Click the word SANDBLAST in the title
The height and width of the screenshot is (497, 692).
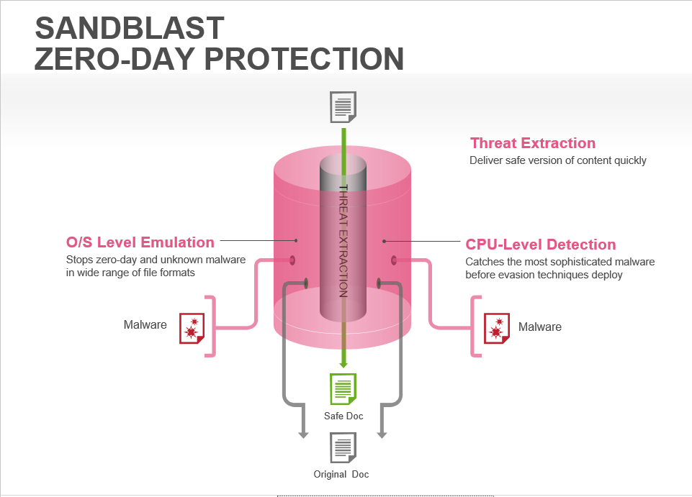pyautogui.click(x=130, y=28)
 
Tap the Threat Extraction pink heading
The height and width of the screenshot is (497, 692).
pyautogui.click(x=533, y=143)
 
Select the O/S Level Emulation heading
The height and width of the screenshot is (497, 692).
pyautogui.click(x=140, y=242)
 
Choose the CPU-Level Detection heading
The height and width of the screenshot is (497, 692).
pyautogui.click(x=541, y=245)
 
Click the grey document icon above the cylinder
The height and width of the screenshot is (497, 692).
pyautogui.click(x=343, y=107)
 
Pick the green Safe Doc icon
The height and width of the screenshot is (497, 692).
pyautogui.click(x=343, y=389)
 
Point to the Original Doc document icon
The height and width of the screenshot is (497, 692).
pyautogui.click(x=343, y=448)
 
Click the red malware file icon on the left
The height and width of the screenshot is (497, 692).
pyautogui.click(x=192, y=328)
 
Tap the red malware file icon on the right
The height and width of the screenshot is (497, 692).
pyautogui.click(x=496, y=329)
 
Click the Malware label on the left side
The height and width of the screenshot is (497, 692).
pyautogui.click(x=145, y=325)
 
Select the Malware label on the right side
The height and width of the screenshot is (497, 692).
pyautogui.click(x=539, y=327)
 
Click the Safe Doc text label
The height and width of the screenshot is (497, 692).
pyautogui.click(x=343, y=416)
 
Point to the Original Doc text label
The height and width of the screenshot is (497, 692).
pyautogui.click(x=341, y=475)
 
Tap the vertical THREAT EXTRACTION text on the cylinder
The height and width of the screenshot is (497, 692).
pyautogui.click(x=343, y=240)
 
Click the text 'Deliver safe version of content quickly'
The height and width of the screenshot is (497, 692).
pyautogui.click(x=558, y=160)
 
